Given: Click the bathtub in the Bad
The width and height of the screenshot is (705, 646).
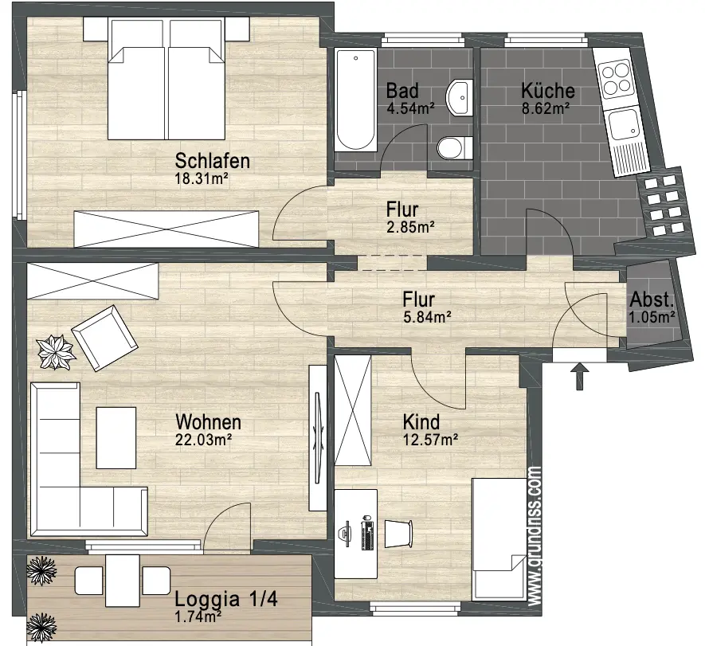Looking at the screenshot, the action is [x=355, y=100].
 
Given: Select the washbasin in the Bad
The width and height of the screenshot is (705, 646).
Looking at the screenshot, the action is [x=460, y=97].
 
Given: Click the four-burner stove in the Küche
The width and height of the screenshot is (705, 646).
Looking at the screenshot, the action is [x=616, y=80].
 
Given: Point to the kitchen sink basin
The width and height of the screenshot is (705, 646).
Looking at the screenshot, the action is [x=624, y=124].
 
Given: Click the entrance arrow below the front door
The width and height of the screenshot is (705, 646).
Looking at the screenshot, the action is [x=580, y=376].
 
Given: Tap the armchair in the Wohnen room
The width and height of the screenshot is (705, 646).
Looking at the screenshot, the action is [x=105, y=338].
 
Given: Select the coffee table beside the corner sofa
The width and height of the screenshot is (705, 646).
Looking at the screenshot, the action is [x=116, y=438].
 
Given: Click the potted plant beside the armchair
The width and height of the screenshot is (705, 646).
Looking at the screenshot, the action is [x=56, y=352].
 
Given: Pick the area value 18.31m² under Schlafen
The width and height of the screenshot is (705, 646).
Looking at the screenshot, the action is [x=202, y=178].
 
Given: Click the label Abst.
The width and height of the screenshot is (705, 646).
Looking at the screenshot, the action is [x=652, y=300].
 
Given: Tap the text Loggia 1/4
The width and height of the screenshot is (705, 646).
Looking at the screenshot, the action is [x=226, y=599].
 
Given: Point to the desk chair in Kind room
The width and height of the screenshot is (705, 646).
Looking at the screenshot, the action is [x=398, y=534].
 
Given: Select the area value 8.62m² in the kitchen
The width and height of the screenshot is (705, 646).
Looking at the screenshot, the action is [x=546, y=108].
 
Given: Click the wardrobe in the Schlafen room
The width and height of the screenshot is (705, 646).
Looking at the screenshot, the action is [x=166, y=229].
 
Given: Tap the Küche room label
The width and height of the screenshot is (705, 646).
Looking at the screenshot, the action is [x=547, y=90].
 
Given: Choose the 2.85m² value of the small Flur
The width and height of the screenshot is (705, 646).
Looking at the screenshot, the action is [x=410, y=228].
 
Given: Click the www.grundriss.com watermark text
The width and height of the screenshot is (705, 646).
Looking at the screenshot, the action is [x=535, y=536].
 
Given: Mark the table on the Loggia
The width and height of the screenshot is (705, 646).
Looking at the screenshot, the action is [x=123, y=581].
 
